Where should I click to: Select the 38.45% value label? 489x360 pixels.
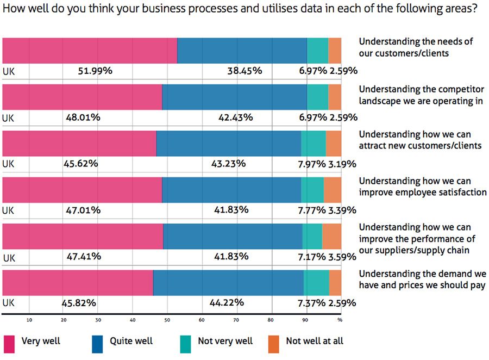coord(244,71)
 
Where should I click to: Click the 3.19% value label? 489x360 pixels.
coord(342,163)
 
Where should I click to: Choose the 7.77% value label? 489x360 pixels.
coord(312,210)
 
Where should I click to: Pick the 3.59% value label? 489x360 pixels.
coord(342,256)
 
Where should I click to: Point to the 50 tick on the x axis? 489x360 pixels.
coord(167,319)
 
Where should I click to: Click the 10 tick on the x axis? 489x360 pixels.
coord(29,319)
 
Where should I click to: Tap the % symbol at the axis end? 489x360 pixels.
coord(340,319)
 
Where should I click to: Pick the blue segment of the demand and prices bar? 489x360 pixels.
coord(228,283)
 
